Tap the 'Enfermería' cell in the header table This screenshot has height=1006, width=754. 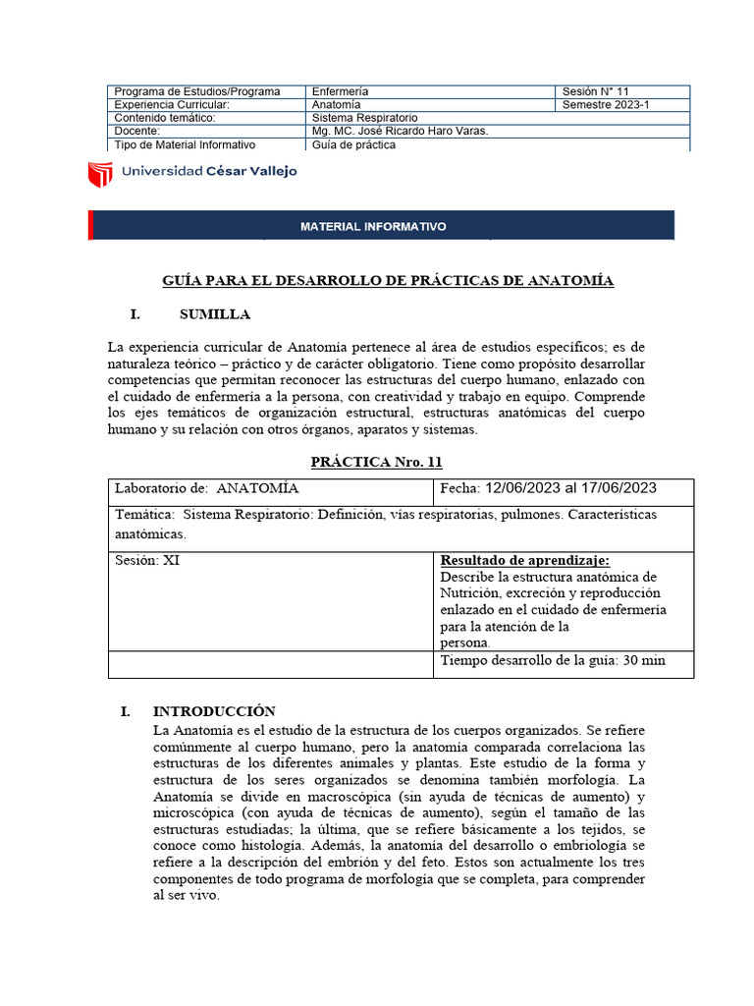tap(341, 91)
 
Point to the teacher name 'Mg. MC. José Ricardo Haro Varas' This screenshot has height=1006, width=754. tap(399, 132)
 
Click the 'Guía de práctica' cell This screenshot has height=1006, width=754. tap(354, 144)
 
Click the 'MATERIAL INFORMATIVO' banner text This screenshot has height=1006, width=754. tap(373, 227)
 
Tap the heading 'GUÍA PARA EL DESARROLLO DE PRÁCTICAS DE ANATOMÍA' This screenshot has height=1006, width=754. tap(388, 281)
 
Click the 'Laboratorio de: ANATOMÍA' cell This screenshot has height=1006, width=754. tap(207, 488)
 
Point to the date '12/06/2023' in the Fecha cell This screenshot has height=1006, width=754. tap(523, 488)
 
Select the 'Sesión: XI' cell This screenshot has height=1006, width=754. tap(147, 560)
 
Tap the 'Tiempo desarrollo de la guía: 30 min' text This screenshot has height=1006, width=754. tap(553, 660)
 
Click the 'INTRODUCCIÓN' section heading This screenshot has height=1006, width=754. tap(214, 711)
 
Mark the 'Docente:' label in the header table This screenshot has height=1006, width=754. tap(136, 132)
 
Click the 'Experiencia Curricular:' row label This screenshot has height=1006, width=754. tap(172, 105)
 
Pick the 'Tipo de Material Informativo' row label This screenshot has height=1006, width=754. tap(185, 144)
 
